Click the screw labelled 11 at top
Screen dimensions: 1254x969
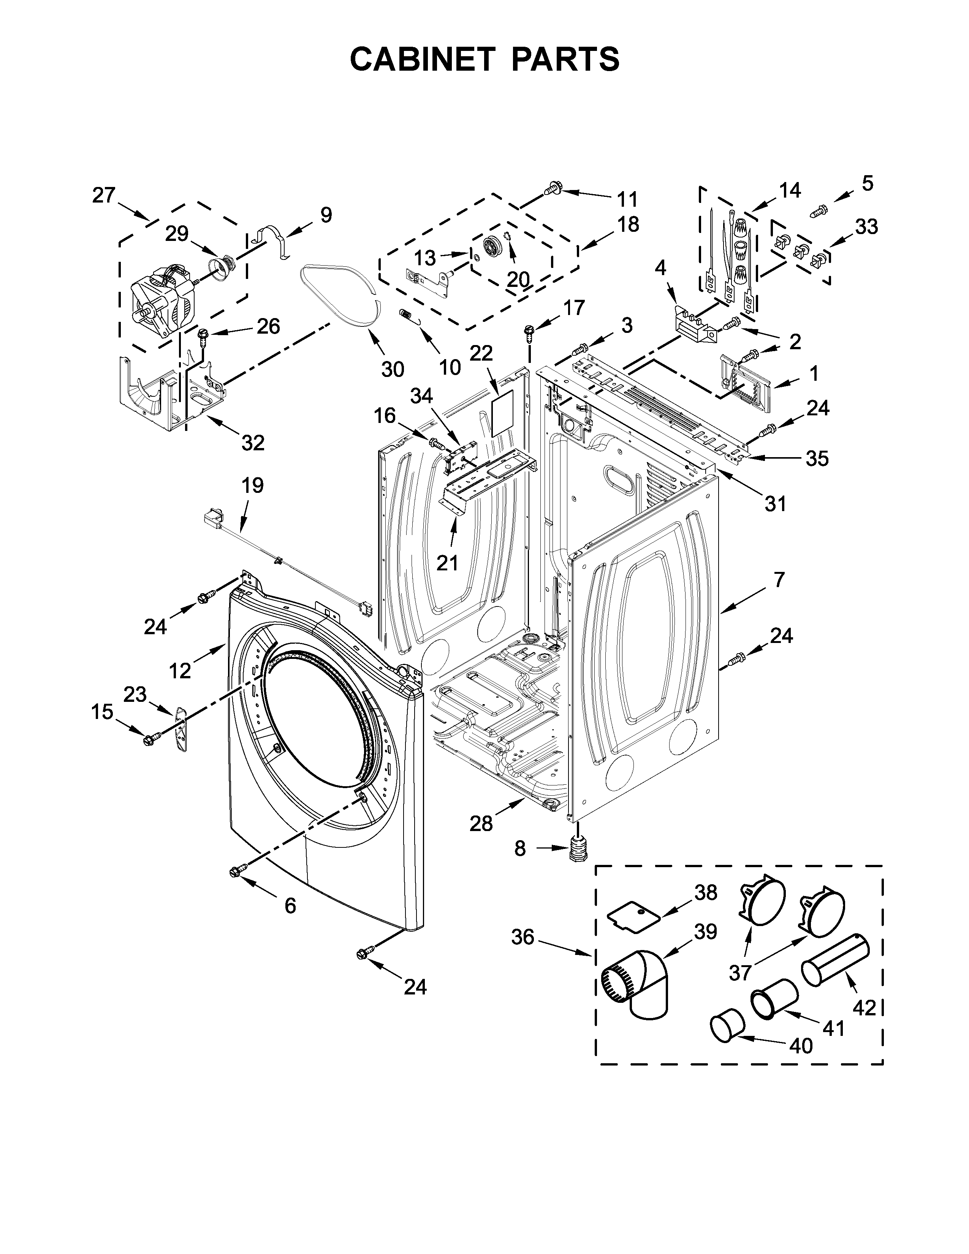point(553,188)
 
